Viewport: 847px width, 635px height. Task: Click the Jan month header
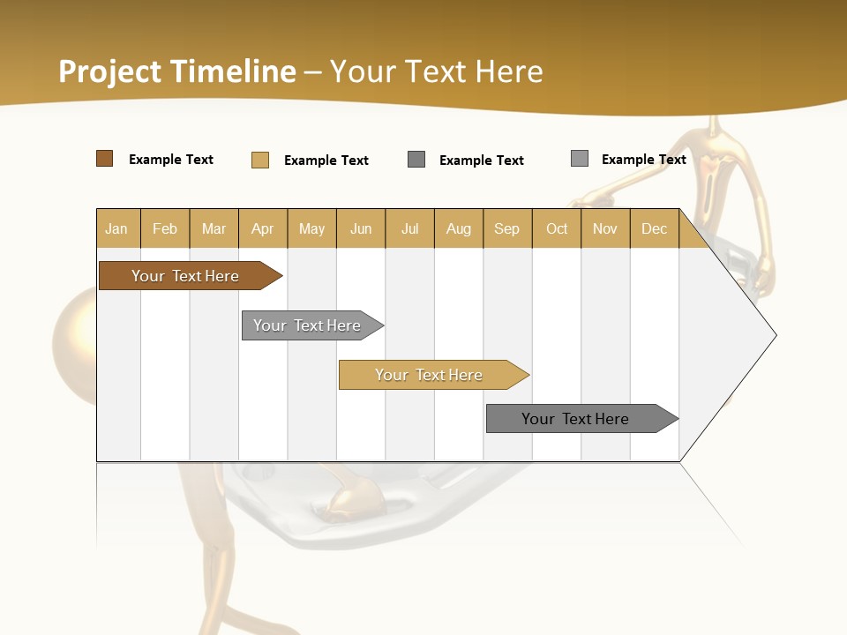[116, 228]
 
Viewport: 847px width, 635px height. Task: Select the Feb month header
[165, 228]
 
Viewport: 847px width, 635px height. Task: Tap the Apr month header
[263, 228]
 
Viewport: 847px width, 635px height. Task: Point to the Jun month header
[361, 228]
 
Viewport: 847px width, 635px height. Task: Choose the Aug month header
[459, 228]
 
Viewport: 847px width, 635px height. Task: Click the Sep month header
[507, 228]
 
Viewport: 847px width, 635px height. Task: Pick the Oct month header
[557, 228]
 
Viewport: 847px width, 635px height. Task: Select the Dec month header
[655, 228]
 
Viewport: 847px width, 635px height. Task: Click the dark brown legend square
[105, 159]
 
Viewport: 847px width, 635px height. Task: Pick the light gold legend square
[260, 160]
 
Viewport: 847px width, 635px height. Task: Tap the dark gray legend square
[416, 160]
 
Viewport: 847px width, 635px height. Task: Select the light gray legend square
[580, 159]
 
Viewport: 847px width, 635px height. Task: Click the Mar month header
[214, 228]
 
